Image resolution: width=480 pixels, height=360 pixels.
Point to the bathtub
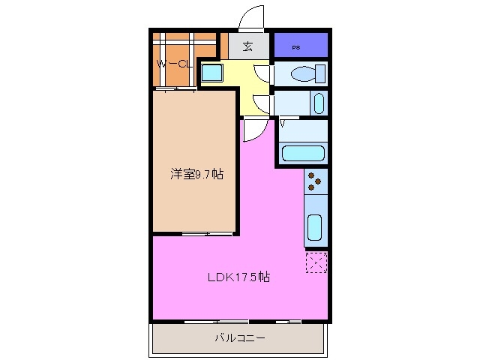(303, 154)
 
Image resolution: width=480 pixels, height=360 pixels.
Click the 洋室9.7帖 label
(196, 174)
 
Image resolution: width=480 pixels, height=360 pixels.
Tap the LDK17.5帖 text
(238, 277)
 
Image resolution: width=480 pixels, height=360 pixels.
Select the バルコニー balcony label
(240, 338)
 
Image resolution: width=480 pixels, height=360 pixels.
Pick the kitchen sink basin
(315, 226)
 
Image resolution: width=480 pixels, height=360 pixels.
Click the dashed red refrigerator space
(316, 262)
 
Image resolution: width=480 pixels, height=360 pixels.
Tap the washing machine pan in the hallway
(211, 74)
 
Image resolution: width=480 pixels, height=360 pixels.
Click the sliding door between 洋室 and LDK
(196, 234)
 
